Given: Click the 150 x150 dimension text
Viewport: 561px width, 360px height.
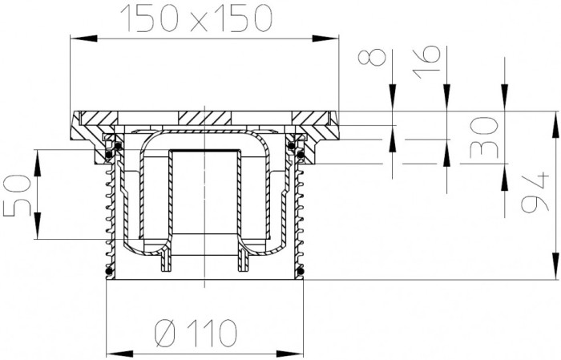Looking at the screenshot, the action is pyautogui.click(x=196, y=18).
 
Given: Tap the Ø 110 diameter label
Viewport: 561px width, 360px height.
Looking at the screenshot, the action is pyautogui.click(x=196, y=334).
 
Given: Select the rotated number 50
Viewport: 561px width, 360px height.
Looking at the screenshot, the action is pyautogui.click(x=17, y=195).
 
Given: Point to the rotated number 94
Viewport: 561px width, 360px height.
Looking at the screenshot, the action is pyautogui.click(x=535, y=192).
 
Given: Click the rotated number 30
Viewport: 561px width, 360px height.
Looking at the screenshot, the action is pyautogui.click(x=483, y=138).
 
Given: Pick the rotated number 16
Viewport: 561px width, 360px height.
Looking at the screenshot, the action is pyautogui.click(x=426, y=62).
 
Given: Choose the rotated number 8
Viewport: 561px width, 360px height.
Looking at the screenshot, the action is pyautogui.click(x=373, y=57).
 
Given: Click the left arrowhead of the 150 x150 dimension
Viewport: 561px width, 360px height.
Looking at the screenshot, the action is pyautogui.click(x=83, y=38).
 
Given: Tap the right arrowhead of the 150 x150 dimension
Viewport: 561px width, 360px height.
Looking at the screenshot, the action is pyautogui.click(x=325, y=38).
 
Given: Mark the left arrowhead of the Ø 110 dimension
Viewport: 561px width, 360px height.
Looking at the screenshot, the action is pyautogui.click(x=120, y=354).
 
